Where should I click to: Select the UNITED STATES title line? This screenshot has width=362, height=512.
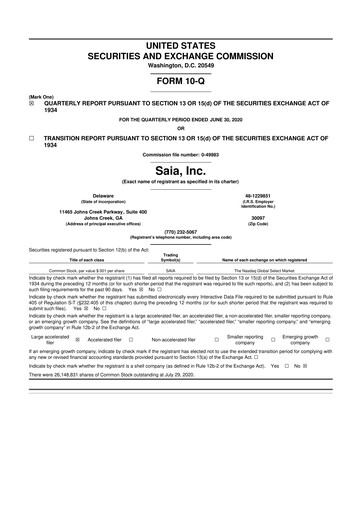click(x=180, y=47)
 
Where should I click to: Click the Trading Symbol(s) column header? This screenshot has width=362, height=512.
click(x=171, y=257)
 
